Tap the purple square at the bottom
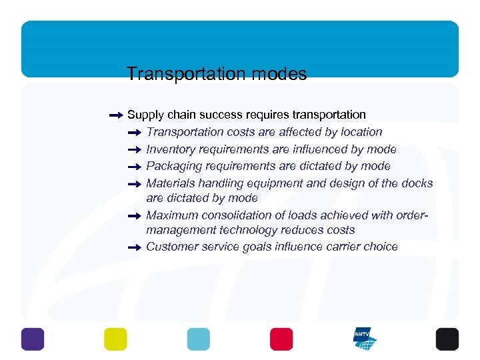pos(32,339)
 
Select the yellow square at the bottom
pos(115,339)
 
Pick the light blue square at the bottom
pos(198,339)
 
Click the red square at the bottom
pos(281,339)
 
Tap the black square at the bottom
pos(447,339)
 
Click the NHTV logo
pos(365,339)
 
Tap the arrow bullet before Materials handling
pos(135,183)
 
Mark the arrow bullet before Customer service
pos(135,247)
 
